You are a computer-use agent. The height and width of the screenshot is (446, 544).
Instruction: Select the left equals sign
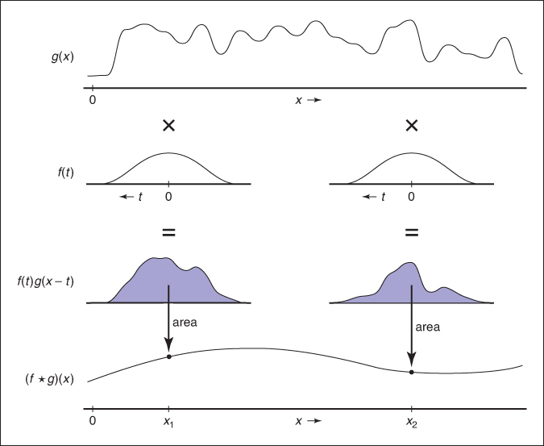168,232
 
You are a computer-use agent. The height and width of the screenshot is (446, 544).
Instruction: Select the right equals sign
412,232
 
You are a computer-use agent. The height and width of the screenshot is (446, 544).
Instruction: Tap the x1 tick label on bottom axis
168,421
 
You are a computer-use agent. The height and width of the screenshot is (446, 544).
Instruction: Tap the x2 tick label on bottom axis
412,421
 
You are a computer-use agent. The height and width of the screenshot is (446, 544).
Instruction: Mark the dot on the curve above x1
168,356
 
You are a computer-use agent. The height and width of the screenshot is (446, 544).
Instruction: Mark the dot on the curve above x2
412,372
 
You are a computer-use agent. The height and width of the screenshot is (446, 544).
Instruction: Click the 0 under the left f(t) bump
168,196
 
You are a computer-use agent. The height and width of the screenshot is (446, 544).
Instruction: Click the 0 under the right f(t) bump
412,196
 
